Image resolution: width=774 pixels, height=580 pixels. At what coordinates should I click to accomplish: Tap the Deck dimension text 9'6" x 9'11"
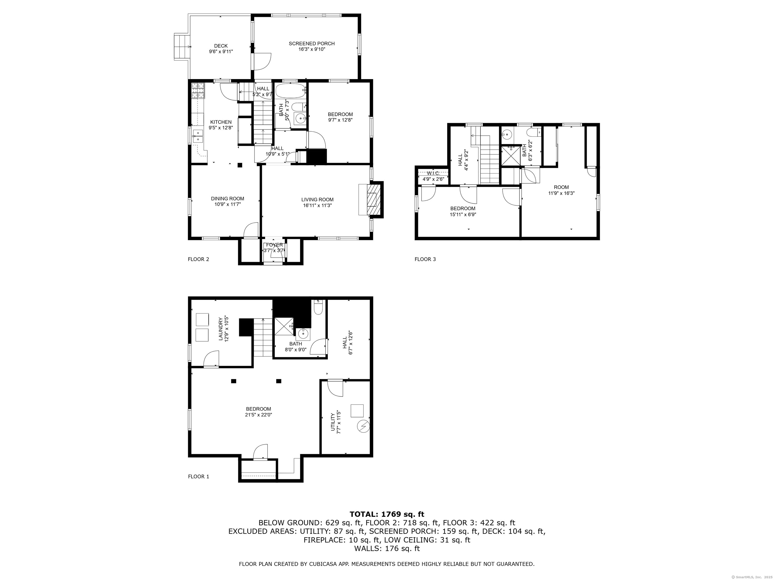point(221,51)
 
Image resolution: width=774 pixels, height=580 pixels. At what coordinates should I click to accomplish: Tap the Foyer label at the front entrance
point(274,245)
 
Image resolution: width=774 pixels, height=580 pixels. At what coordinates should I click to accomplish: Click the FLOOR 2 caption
point(198,259)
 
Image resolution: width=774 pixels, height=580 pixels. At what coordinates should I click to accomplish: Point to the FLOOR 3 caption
point(425,259)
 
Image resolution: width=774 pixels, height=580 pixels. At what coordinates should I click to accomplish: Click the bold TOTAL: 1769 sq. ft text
point(387,514)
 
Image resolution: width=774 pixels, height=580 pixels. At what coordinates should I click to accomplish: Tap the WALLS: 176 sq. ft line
point(387,549)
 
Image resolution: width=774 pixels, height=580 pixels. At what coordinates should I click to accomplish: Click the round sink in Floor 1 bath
point(303,335)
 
